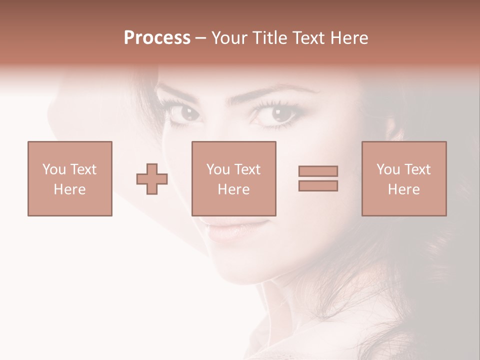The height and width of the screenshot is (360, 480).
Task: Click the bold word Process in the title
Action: point(157,38)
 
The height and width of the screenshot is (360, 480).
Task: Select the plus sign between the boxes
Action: point(152,178)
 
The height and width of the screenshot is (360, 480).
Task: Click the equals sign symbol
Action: point(318,178)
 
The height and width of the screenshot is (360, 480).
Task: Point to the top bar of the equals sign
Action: point(318,171)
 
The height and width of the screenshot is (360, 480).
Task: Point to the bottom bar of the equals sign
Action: point(318,185)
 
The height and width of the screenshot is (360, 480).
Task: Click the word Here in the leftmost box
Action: point(69,189)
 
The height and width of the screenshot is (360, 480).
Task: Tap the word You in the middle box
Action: point(218,169)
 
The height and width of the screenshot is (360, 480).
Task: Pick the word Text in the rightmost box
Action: point(417,169)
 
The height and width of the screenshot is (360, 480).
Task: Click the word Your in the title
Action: point(230,38)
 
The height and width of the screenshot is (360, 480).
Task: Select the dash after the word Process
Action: point(200,38)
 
